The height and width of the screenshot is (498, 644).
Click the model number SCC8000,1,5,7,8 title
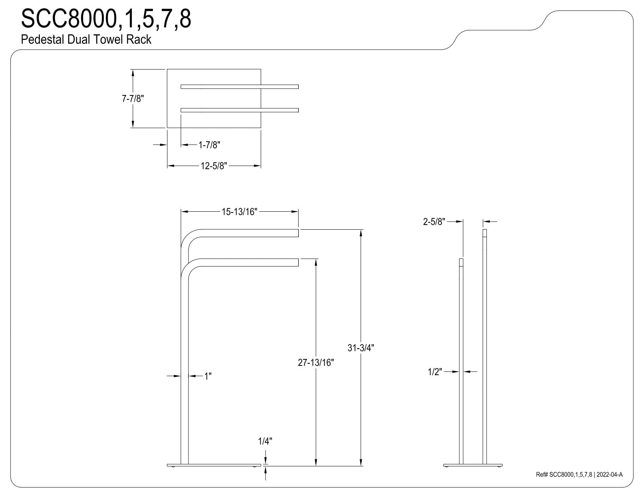tap(106, 19)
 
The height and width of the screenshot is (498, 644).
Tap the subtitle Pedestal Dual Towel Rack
tap(86, 39)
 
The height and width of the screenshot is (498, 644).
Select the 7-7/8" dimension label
tap(133, 98)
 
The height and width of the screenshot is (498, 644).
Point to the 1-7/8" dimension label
tap(209, 145)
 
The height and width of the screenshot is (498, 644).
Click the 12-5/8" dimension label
tap(213, 166)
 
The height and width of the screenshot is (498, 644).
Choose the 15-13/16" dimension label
tap(240, 212)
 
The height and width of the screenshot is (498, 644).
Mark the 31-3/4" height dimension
tap(361, 348)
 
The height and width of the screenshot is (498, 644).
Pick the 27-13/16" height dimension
tap(316, 362)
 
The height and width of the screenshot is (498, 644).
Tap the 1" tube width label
tap(208, 376)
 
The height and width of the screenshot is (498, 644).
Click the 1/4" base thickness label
tap(265, 441)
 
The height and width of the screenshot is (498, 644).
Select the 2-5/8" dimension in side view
tap(434, 221)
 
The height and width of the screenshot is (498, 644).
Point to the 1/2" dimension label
tap(435, 372)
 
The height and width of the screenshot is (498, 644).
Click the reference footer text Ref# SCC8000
tap(579, 475)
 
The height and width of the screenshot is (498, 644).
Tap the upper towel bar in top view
tap(240, 87)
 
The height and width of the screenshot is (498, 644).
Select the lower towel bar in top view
tap(240, 110)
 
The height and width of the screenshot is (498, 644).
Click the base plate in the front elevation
tap(214, 465)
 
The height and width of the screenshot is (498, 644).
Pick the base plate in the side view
tap(473, 465)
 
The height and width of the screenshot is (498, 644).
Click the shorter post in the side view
tap(461, 361)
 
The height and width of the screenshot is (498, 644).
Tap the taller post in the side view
tap(484, 347)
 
